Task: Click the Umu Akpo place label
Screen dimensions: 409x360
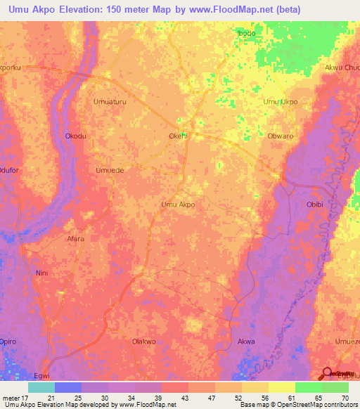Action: pyautogui.click(x=178, y=204)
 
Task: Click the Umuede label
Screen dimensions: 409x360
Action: pyautogui.click(x=109, y=170)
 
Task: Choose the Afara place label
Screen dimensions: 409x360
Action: pyautogui.click(x=75, y=239)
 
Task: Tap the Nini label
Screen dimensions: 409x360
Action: pyautogui.click(x=41, y=271)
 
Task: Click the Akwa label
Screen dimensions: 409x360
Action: pyautogui.click(x=246, y=342)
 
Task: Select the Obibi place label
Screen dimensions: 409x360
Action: pyautogui.click(x=314, y=204)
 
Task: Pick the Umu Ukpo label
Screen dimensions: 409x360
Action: pyautogui.click(x=281, y=102)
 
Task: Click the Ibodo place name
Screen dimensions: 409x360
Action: pyautogui.click(x=246, y=33)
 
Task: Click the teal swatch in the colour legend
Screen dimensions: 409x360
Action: pyautogui.click(x=41, y=387)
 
